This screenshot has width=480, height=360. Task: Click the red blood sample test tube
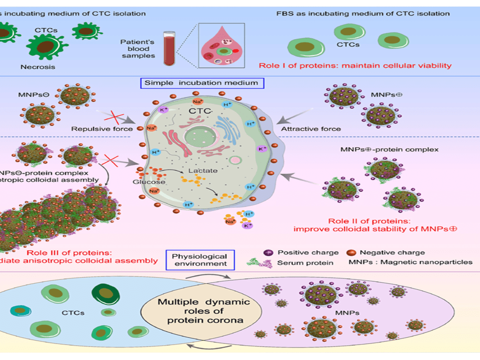[168, 48]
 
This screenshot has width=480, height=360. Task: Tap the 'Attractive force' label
[311, 129]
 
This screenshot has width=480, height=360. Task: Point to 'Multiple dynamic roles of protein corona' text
[204, 311]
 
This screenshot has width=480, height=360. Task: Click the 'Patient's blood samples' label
[138, 49]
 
